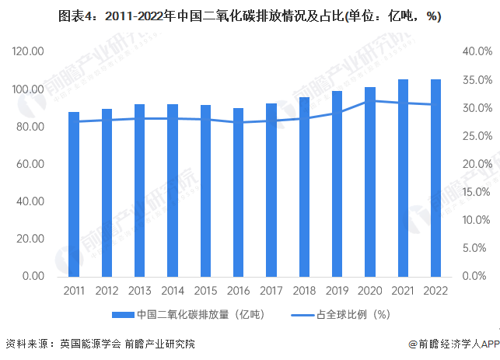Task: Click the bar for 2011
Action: click(74, 194)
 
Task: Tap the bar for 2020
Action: click(370, 182)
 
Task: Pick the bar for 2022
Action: click(436, 178)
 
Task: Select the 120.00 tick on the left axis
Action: click(28, 51)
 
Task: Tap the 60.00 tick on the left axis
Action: click(30, 164)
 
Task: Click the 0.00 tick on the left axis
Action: click(33, 276)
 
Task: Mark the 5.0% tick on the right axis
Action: click(478, 248)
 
